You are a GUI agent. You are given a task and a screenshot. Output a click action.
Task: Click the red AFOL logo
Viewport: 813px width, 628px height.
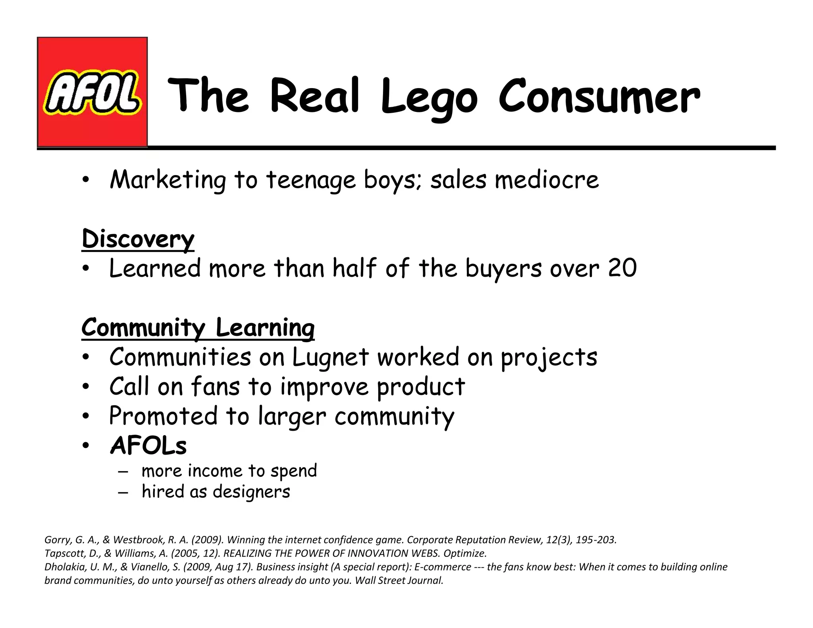pyautogui.click(x=92, y=92)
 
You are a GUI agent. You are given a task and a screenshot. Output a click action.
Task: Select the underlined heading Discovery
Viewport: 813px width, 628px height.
pyautogui.click(x=138, y=239)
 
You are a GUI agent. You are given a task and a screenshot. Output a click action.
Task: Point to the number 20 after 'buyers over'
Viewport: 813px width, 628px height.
pyautogui.click(x=622, y=268)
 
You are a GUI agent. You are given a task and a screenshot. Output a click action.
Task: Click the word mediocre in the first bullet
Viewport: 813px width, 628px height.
pyautogui.click(x=547, y=180)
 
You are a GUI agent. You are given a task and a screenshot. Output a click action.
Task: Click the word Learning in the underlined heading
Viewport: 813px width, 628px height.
pyautogui.click(x=265, y=327)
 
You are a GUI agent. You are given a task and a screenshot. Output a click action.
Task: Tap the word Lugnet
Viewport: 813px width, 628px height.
pyautogui.click(x=331, y=357)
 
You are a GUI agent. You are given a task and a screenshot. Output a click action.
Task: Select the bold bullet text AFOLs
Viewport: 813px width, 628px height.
pyautogui.click(x=148, y=445)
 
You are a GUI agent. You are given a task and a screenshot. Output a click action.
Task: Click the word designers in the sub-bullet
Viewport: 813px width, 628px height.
pyautogui.click(x=251, y=491)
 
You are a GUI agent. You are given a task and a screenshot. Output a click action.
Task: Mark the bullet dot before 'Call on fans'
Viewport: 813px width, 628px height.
pyautogui.click(x=85, y=387)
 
